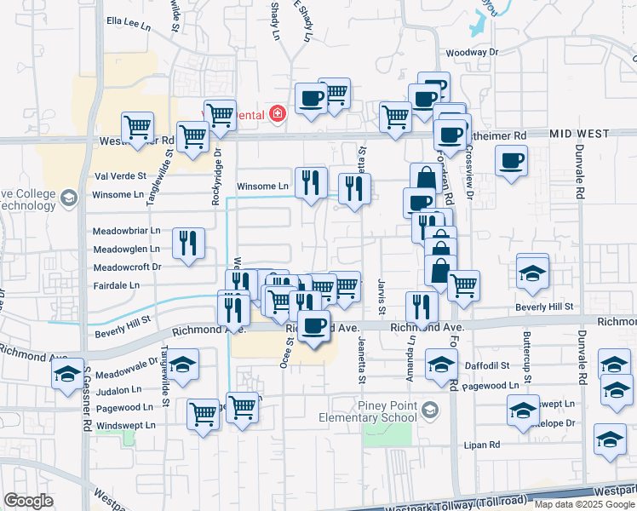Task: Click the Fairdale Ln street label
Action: [x=116, y=285]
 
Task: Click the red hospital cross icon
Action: [x=276, y=114]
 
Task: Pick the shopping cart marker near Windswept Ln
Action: [x=203, y=415]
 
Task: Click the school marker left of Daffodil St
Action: [x=440, y=365]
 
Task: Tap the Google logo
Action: [x=29, y=501]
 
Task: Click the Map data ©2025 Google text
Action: [x=585, y=504]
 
